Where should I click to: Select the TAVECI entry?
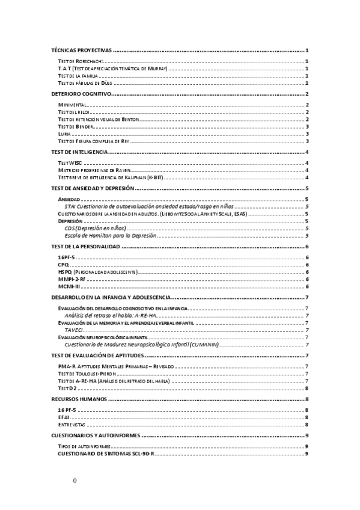(74, 330)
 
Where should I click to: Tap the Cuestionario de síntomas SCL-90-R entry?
(106, 453)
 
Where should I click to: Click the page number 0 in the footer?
(75, 481)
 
